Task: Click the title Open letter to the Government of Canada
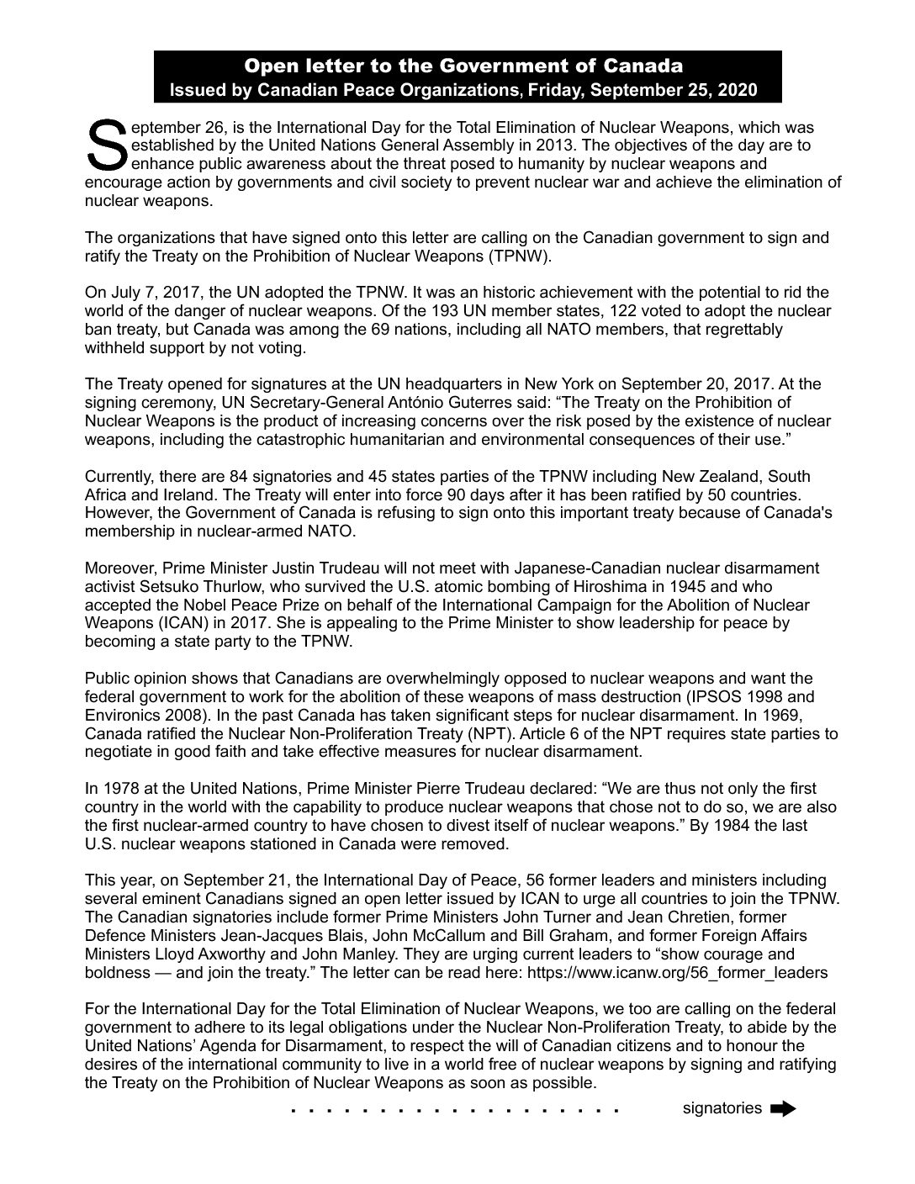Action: pyautogui.click(x=463, y=66)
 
